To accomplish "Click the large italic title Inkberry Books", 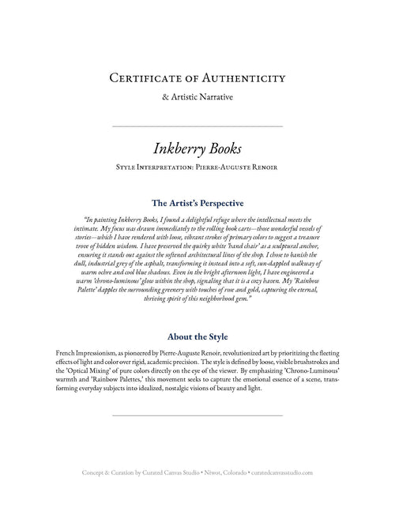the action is tap(197, 148).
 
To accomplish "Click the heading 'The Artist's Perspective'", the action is tap(197, 202).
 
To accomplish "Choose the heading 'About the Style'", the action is tap(197, 336).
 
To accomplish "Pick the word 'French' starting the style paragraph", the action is tap(67, 349).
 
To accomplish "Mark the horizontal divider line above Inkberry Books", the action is tap(197, 126).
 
